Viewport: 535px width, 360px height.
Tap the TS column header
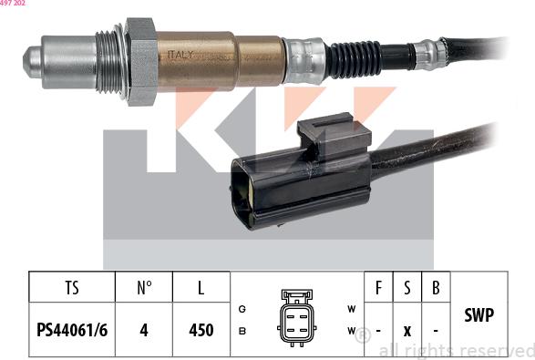click(x=72, y=289)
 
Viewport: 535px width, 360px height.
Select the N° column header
click(x=144, y=289)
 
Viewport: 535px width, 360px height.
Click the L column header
click(x=201, y=289)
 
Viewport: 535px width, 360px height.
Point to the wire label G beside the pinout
click(x=242, y=309)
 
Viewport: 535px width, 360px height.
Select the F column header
click(x=378, y=289)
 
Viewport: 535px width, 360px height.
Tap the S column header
click(x=407, y=289)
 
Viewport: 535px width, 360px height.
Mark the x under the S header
click(x=407, y=330)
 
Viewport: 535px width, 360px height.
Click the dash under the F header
click(x=378, y=330)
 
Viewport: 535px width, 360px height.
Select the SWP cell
click(x=478, y=315)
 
